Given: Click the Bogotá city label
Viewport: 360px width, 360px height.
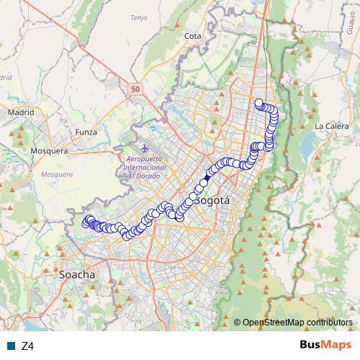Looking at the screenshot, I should tap(212, 201).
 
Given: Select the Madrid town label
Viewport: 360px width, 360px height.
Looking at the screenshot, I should tap(21, 112).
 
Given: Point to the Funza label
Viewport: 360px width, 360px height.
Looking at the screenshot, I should tap(86, 132).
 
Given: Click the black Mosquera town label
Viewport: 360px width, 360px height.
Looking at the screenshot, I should tap(49, 151).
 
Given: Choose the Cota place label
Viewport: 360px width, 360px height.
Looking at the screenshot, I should tap(192, 35).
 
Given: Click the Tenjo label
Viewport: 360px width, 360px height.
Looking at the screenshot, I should tap(138, 17).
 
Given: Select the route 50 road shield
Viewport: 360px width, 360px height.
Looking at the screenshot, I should tap(136, 89).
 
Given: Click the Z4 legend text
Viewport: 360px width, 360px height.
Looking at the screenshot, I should tap(28, 346).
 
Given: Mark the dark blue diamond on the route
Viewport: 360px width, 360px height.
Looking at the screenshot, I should tap(207, 177).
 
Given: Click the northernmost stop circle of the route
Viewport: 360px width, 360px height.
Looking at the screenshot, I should tap(258, 102).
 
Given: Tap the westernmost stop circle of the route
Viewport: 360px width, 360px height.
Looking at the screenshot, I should tap(86, 223).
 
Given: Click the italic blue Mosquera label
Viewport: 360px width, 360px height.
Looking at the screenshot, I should tap(58, 174).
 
